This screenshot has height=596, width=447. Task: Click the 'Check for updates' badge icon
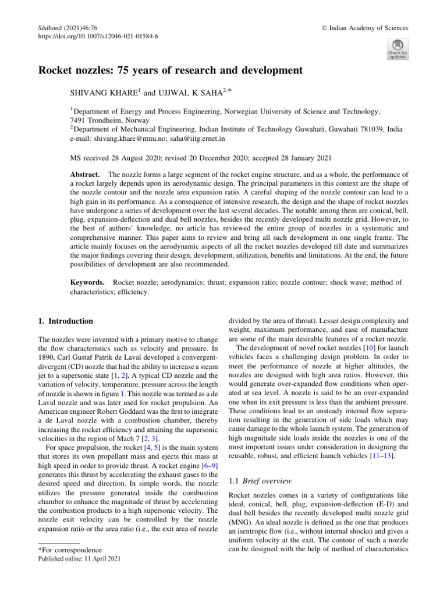click(398, 49)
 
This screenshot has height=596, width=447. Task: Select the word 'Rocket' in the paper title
click(56, 72)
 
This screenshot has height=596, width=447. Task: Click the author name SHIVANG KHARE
click(103, 92)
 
